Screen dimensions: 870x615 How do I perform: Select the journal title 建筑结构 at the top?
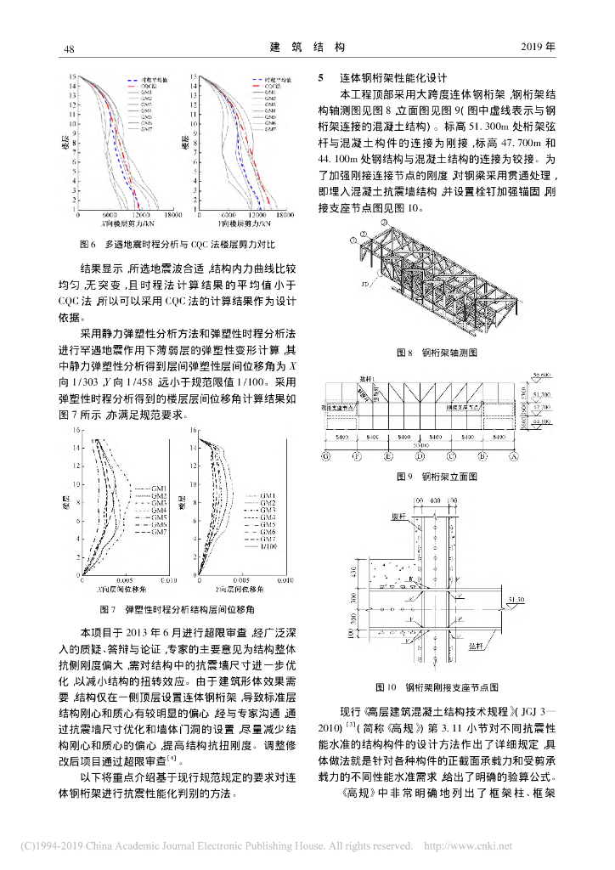pos(307,47)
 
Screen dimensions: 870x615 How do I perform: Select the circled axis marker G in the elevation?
pos(326,455)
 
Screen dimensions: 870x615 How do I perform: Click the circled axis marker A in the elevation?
pos(513,455)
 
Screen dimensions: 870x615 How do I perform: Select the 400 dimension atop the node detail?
pos(434,500)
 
